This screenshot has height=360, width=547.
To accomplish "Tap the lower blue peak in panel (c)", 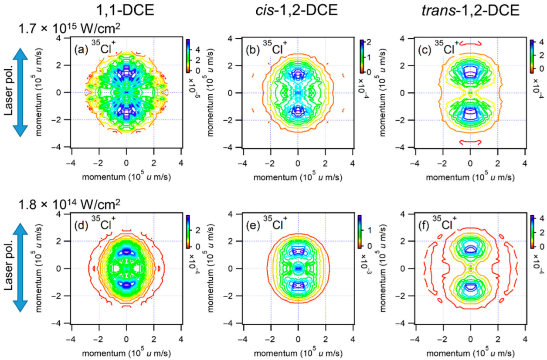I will click(470, 115).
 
